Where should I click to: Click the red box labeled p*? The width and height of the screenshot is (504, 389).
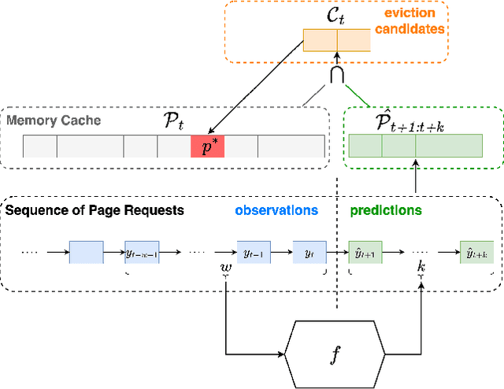(x=208, y=146)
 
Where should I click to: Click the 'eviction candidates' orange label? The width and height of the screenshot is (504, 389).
(x=414, y=21)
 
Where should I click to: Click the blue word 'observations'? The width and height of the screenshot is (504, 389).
(x=276, y=210)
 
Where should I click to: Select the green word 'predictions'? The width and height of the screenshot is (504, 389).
(x=385, y=210)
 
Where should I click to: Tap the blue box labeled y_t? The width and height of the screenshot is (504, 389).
(x=309, y=253)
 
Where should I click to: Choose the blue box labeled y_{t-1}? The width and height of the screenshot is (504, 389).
(x=254, y=253)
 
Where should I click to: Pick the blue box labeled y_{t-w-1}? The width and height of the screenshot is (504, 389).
(x=142, y=253)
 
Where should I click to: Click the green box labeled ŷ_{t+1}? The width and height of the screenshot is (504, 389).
(x=365, y=253)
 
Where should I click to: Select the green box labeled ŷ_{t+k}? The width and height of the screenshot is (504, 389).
(x=476, y=253)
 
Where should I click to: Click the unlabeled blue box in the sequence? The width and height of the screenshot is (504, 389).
(x=86, y=253)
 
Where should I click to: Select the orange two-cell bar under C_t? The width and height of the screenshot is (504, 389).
(x=336, y=40)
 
